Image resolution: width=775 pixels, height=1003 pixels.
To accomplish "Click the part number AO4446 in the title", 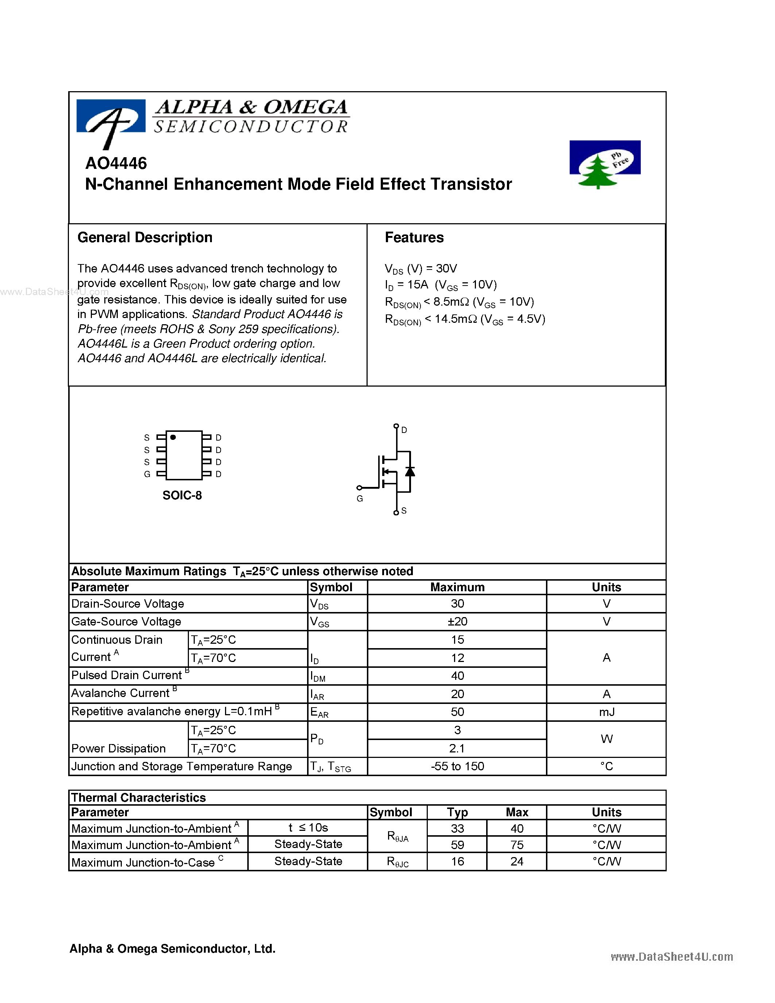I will pos(116,163).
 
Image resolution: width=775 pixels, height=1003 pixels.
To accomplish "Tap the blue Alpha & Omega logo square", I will pos(111,117).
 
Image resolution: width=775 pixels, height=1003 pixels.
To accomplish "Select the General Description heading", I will pos(145,237).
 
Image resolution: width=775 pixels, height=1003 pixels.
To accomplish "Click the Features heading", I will pos(414,237).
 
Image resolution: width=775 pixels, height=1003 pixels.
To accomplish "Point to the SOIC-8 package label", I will pos(182,495).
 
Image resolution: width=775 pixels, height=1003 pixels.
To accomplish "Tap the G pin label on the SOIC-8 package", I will pos(147,474).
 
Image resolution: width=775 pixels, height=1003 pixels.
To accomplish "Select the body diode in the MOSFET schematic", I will pos(410,472).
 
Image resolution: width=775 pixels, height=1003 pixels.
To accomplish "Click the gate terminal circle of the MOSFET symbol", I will pos(360,488).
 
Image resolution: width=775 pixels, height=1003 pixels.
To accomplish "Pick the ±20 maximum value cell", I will pos(457,621).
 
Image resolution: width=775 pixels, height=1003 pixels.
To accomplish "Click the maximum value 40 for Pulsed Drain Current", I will pos(457,675).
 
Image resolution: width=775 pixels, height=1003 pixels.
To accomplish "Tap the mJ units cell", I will pos(606,712).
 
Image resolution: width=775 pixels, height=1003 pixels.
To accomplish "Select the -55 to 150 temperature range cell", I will pos(457,766).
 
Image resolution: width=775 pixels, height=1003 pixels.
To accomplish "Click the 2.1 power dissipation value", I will pos(457,748).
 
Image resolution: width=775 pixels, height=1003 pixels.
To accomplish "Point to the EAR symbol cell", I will pos(319,712).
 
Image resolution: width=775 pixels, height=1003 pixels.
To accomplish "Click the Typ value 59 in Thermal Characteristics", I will pos(457,845).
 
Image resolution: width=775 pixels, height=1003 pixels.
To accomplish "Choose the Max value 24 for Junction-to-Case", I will pos(516,861).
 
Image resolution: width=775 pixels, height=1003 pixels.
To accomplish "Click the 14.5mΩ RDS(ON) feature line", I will pos(465,319).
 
